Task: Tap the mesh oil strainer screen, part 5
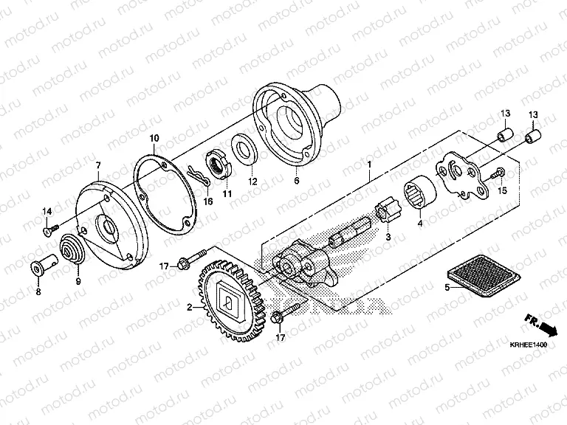click(484, 276)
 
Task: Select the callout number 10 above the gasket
click(154, 139)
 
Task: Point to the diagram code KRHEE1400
click(529, 345)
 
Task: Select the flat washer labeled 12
click(244, 149)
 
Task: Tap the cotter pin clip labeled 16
click(199, 175)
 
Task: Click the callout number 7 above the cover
click(98, 165)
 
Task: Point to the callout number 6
click(297, 180)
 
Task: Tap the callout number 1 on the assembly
click(369, 165)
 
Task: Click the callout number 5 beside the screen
click(447, 288)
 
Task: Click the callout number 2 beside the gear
click(189, 308)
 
